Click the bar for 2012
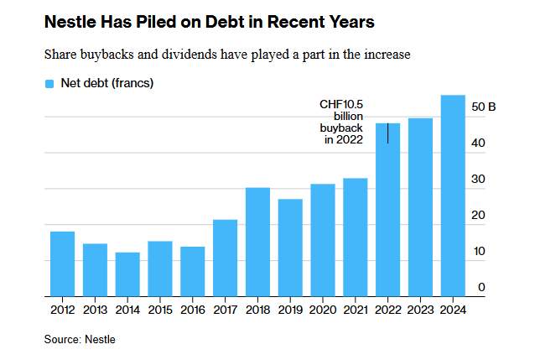pos(62,263)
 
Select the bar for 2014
pos(127,274)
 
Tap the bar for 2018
pos(257,242)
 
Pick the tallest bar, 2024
pos(453,196)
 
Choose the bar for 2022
pos(387,210)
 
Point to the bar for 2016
pos(193,271)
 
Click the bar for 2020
pos(323,240)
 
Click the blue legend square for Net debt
pos(49,83)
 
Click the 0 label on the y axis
pos(481,288)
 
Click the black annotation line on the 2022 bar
pos(387,132)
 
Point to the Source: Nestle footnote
pos(80,340)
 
